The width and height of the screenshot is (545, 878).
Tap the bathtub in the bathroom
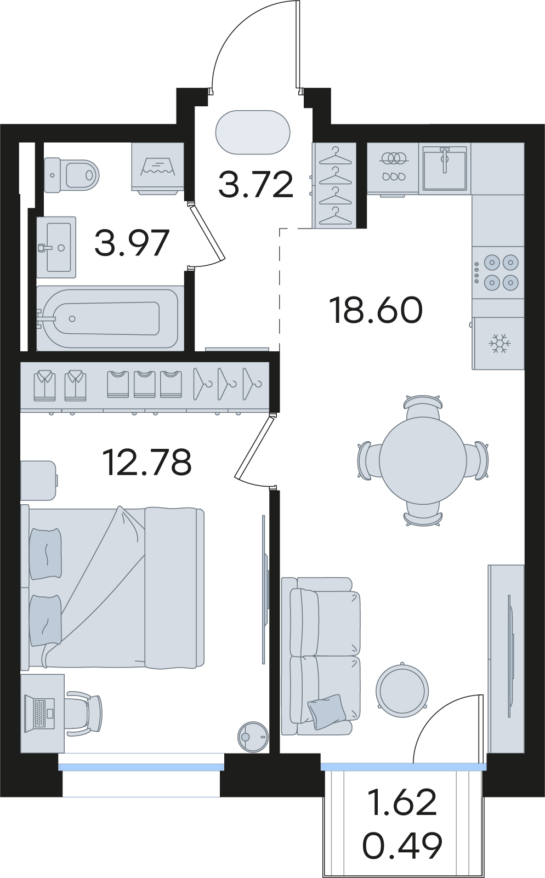pos(110,318)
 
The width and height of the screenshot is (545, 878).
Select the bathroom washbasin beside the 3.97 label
pos(56,247)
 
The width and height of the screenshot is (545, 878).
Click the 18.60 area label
pos(377,310)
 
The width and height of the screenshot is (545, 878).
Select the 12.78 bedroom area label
pos(146,463)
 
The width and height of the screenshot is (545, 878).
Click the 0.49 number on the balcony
pos(402,845)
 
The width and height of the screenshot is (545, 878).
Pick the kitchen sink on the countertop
pos(445,168)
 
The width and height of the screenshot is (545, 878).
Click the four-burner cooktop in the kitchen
pos(498,272)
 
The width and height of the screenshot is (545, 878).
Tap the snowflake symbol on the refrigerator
pos(500,343)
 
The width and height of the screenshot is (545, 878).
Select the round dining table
pos(423,460)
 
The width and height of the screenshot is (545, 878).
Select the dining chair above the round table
pos(423,408)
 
